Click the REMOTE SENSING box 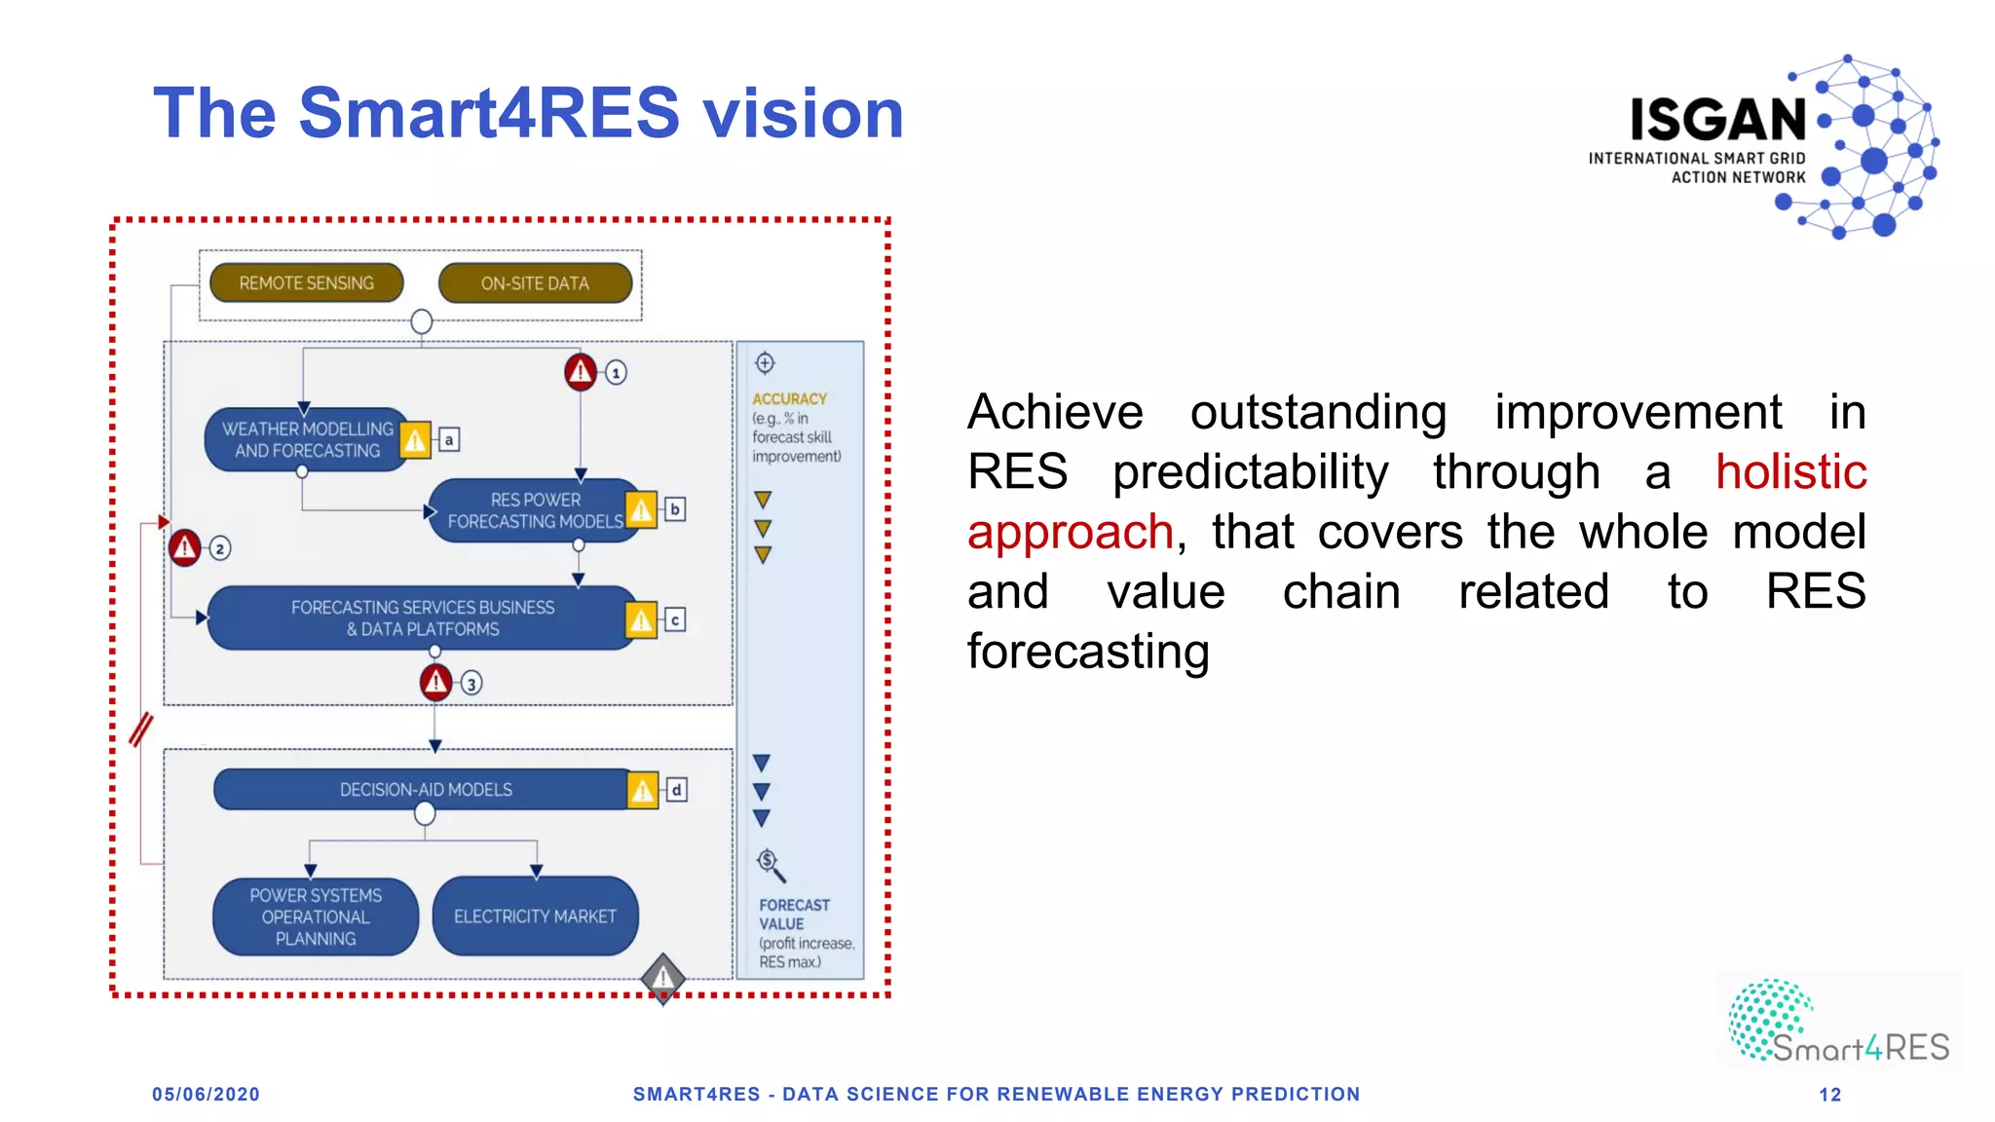click(x=306, y=282)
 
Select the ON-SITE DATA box click(x=535, y=283)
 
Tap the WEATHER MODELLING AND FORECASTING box click(x=306, y=439)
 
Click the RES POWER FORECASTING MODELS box click(x=534, y=510)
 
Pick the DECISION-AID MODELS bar click(x=425, y=789)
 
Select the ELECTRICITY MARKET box click(x=535, y=916)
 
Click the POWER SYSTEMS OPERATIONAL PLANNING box click(x=316, y=916)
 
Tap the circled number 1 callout click(x=616, y=373)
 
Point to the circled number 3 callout click(x=471, y=684)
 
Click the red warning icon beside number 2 click(x=184, y=547)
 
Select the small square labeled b click(x=674, y=509)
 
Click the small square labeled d click(x=676, y=790)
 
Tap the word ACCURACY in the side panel click(x=789, y=399)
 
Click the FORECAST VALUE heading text click(x=794, y=914)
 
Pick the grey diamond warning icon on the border click(x=663, y=976)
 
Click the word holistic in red click(x=1790, y=472)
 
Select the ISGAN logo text click(x=1718, y=121)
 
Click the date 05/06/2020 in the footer click(x=206, y=1094)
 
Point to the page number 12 click(x=1829, y=1095)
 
